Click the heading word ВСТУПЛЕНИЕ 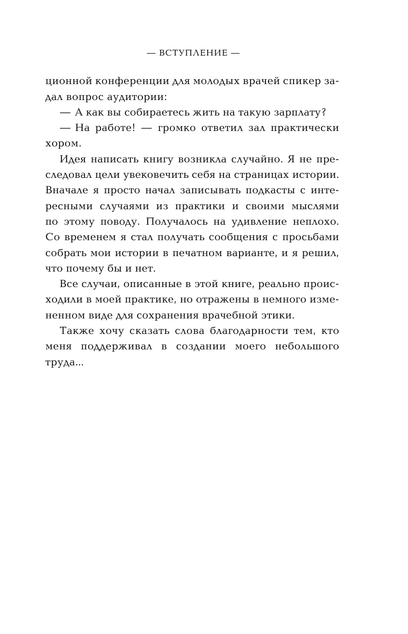pyautogui.click(x=193, y=53)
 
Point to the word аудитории pyautogui.click(x=141, y=97)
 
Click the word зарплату pyautogui.click(x=285, y=113)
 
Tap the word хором pyautogui.click(x=61, y=144)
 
